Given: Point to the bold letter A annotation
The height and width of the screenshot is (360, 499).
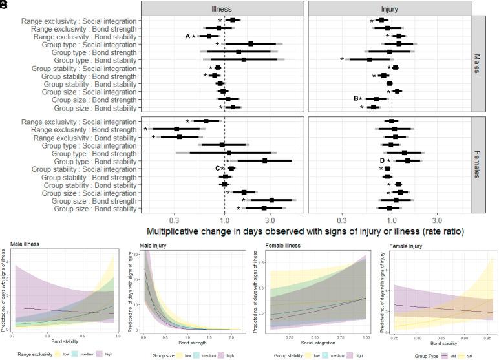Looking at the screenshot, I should tap(187, 37).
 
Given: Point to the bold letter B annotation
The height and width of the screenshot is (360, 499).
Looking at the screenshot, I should tap(356, 99).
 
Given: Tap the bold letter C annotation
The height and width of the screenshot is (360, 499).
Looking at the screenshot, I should tap(218, 169).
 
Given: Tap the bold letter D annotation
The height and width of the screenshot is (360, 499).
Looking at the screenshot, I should tap(382, 160).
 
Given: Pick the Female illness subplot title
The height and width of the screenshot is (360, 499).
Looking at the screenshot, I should tap(287, 244).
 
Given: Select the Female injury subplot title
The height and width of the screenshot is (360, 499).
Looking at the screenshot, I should tap(410, 244).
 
